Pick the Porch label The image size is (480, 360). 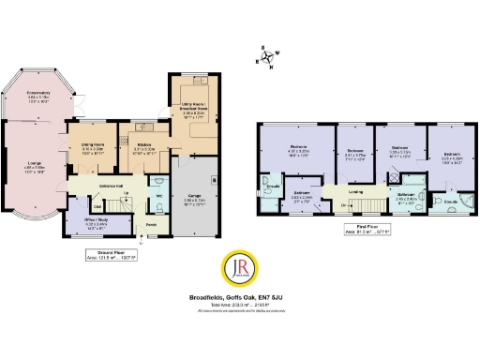pos(152,224)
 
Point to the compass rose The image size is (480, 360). pos(268,58)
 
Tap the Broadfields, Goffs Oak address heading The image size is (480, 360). pos(239,297)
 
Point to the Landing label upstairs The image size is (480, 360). pos(356,191)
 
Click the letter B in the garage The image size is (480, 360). pos(214,178)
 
